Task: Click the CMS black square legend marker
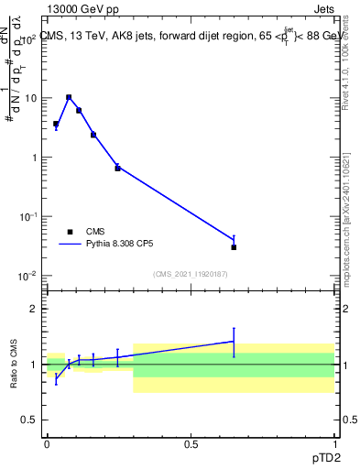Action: [x=70, y=232]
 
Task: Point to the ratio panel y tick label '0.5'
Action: [x=28, y=420]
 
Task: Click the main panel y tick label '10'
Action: [x=28, y=98]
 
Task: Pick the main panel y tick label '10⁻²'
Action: [x=27, y=276]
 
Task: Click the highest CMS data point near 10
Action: [x=69, y=97]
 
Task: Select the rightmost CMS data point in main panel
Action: [x=234, y=247]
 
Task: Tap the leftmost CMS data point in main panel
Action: [x=56, y=124]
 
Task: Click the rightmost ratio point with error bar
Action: [x=234, y=341]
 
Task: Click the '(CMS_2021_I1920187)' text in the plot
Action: [x=190, y=273]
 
